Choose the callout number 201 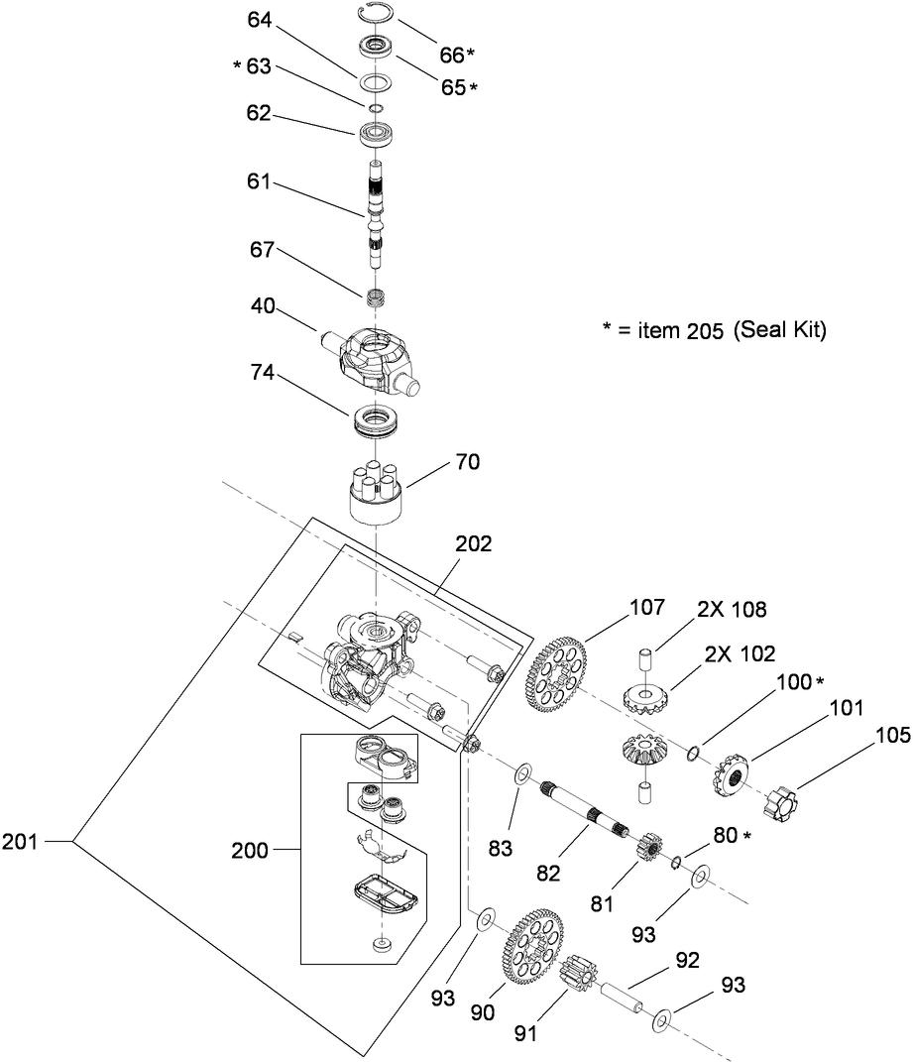22,842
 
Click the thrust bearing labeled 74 378,419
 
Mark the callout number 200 250,850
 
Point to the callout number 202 474,544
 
